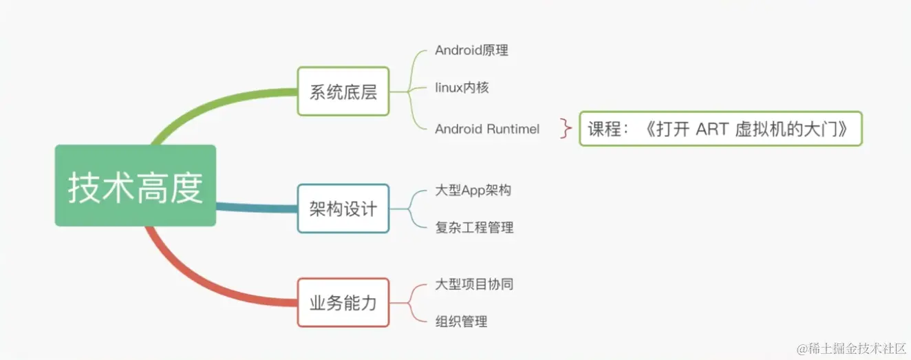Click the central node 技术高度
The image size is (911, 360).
pyautogui.click(x=136, y=186)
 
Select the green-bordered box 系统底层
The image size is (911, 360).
pyautogui.click(x=343, y=91)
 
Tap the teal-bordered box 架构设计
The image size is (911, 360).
pyautogui.click(x=343, y=208)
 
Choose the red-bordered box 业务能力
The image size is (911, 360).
pyautogui.click(x=343, y=302)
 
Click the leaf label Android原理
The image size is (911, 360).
pyautogui.click(x=471, y=50)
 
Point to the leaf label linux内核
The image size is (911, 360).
pyautogui.click(x=462, y=88)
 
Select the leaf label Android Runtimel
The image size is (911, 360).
pyautogui.click(x=487, y=129)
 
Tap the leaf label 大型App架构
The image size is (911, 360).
pyautogui.click(x=473, y=191)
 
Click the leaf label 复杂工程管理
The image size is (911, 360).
pyautogui.click(x=474, y=227)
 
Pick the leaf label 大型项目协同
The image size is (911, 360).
pyautogui.click(x=474, y=284)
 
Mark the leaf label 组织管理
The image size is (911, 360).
pyautogui.click(x=461, y=321)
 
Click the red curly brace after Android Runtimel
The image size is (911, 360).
pyautogui.click(x=566, y=129)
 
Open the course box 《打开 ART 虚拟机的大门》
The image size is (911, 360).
pyautogui.click(x=720, y=129)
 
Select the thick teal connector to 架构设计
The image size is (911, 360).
pyautogui.click(x=255, y=207)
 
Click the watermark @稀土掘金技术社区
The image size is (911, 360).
pyautogui.click(x=851, y=348)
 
